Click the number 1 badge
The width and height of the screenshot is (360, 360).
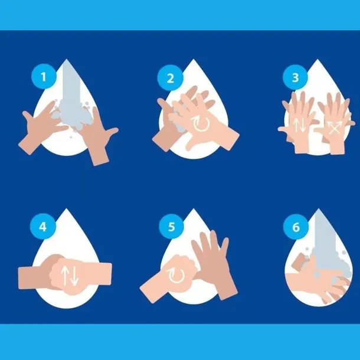(44, 77)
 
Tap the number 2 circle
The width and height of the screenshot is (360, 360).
(171, 78)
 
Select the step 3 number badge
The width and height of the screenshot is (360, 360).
(295, 77)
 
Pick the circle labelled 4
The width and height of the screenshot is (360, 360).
(43, 227)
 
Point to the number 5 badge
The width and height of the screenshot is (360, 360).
(171, 227)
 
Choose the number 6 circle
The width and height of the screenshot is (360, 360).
(296, 227)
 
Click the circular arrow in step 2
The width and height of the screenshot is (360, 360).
(202, 124)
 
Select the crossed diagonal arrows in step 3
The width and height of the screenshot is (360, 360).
(334, 127)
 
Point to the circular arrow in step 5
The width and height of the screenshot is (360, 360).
(176, 276)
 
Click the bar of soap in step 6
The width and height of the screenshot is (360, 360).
(300, 261)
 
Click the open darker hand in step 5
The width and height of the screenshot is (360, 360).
(214, 264)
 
